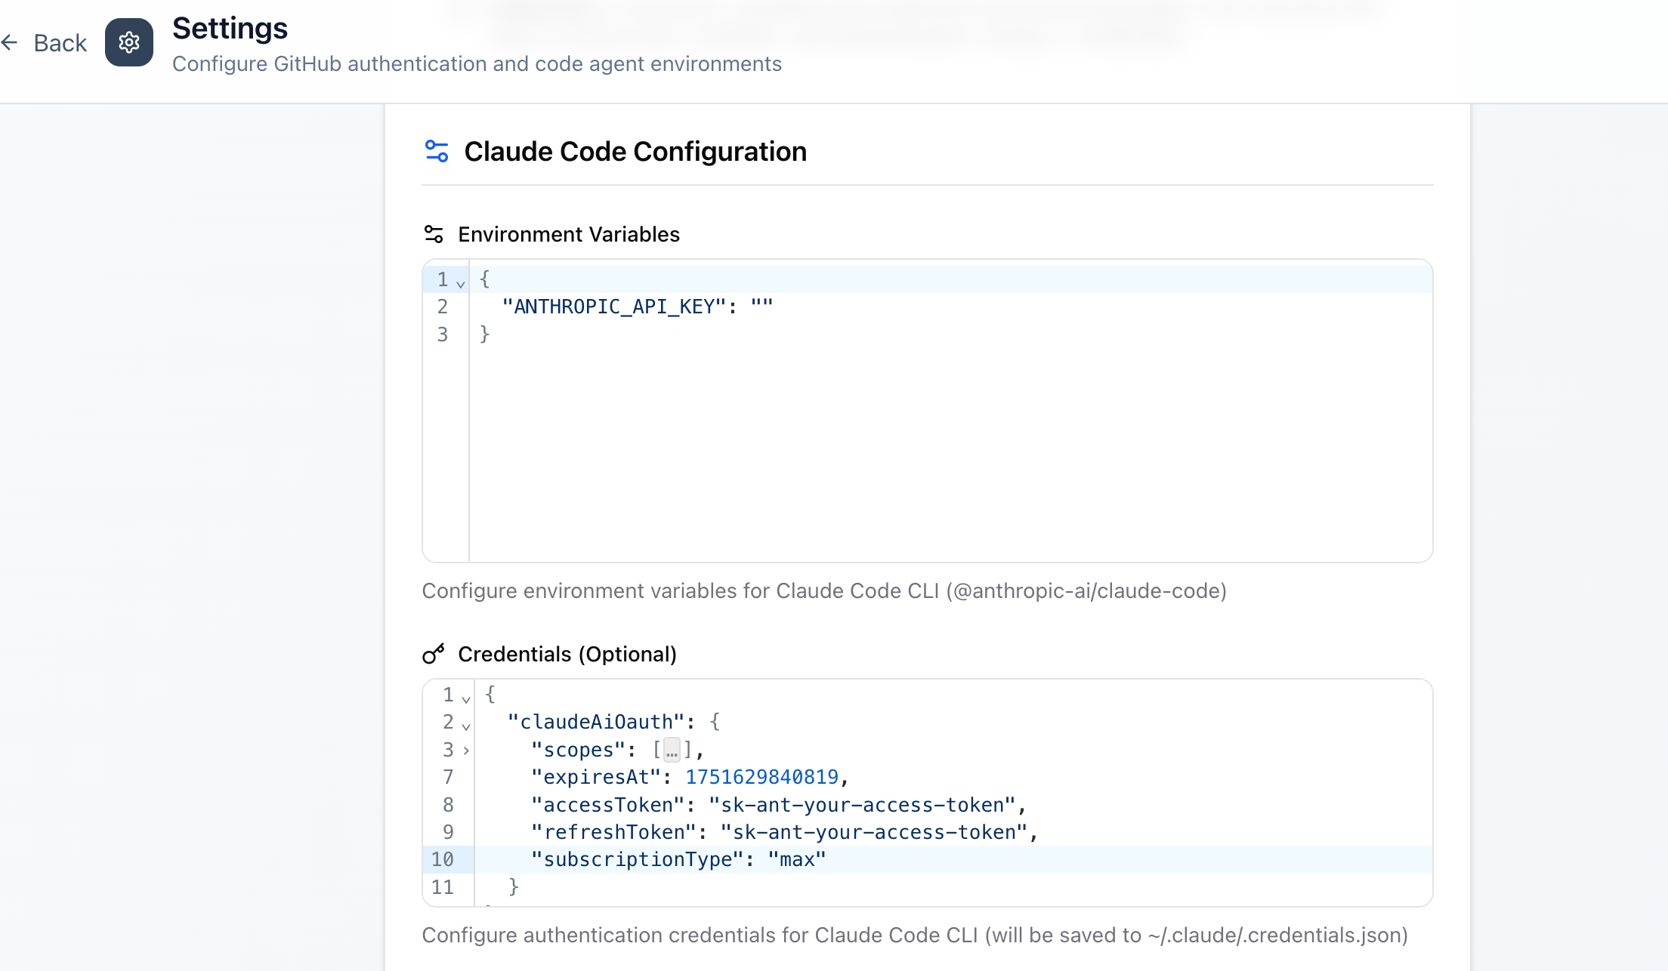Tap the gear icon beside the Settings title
click(129, 42)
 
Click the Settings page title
click(230, 29)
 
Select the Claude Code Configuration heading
click(635, 152)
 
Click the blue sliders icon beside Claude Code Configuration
click(437, 151)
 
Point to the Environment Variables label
click(569, 235)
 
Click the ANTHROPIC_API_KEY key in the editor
click(613, 307)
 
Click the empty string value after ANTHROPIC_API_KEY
click(761, 307)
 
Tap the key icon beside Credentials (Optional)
click(434, 654)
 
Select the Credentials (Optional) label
click(567, 655)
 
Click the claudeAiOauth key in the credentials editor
click(596, 722)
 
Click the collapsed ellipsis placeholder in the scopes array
click(672, 750)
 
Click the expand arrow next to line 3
click(466, 751)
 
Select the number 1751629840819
click(761, 777)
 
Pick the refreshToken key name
click(613, 832)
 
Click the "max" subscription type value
click(797, 859)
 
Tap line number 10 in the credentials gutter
click(443, 859)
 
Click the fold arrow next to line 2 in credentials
click(466, 726)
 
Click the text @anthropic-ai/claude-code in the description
click(1086, 590)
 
